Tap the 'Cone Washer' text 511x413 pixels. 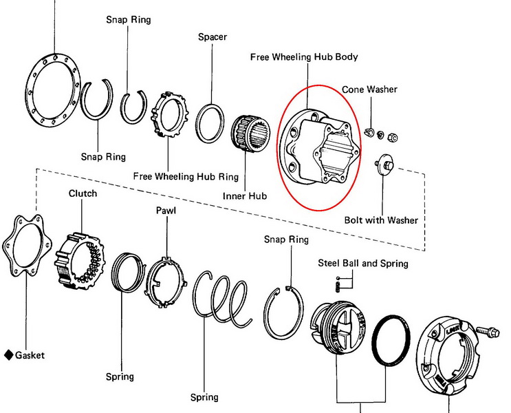(x=369, y=89)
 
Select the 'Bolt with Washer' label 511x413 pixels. (x=381, y=221)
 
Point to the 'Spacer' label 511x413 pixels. (x=212, y=36)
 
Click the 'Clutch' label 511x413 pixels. (x=83, y=193)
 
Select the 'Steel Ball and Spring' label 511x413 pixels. (x=362, y=263)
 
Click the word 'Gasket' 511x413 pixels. (x=30, y=355)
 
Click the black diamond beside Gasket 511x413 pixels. (x=8, y=355)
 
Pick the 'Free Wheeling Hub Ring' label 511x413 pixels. (x=186, y=177)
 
